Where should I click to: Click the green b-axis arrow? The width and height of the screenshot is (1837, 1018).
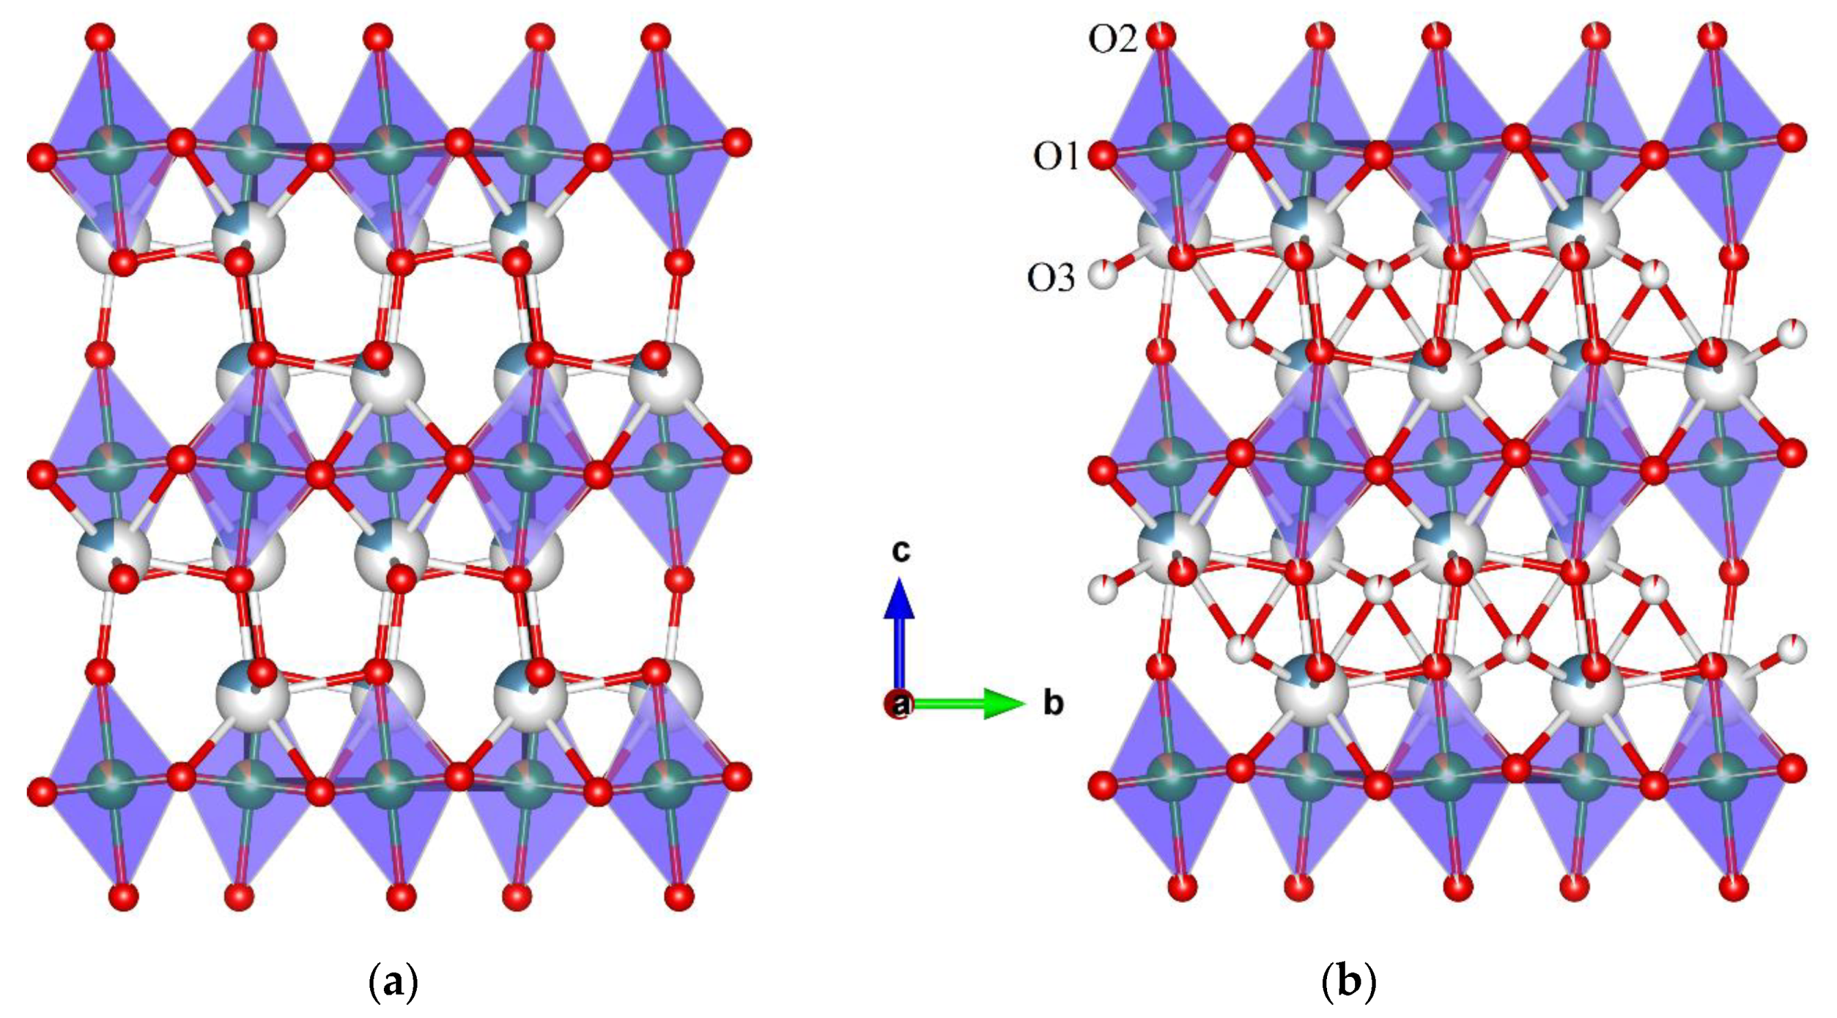(x=970, y=704)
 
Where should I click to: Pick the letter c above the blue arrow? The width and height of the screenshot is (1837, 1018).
(x=901, y=550)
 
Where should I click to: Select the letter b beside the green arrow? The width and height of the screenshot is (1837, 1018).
(x=1054, y=703)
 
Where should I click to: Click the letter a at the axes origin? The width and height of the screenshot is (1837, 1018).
(x=900, y=704)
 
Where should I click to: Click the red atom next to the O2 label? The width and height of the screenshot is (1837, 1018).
(x=1163, y=37)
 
